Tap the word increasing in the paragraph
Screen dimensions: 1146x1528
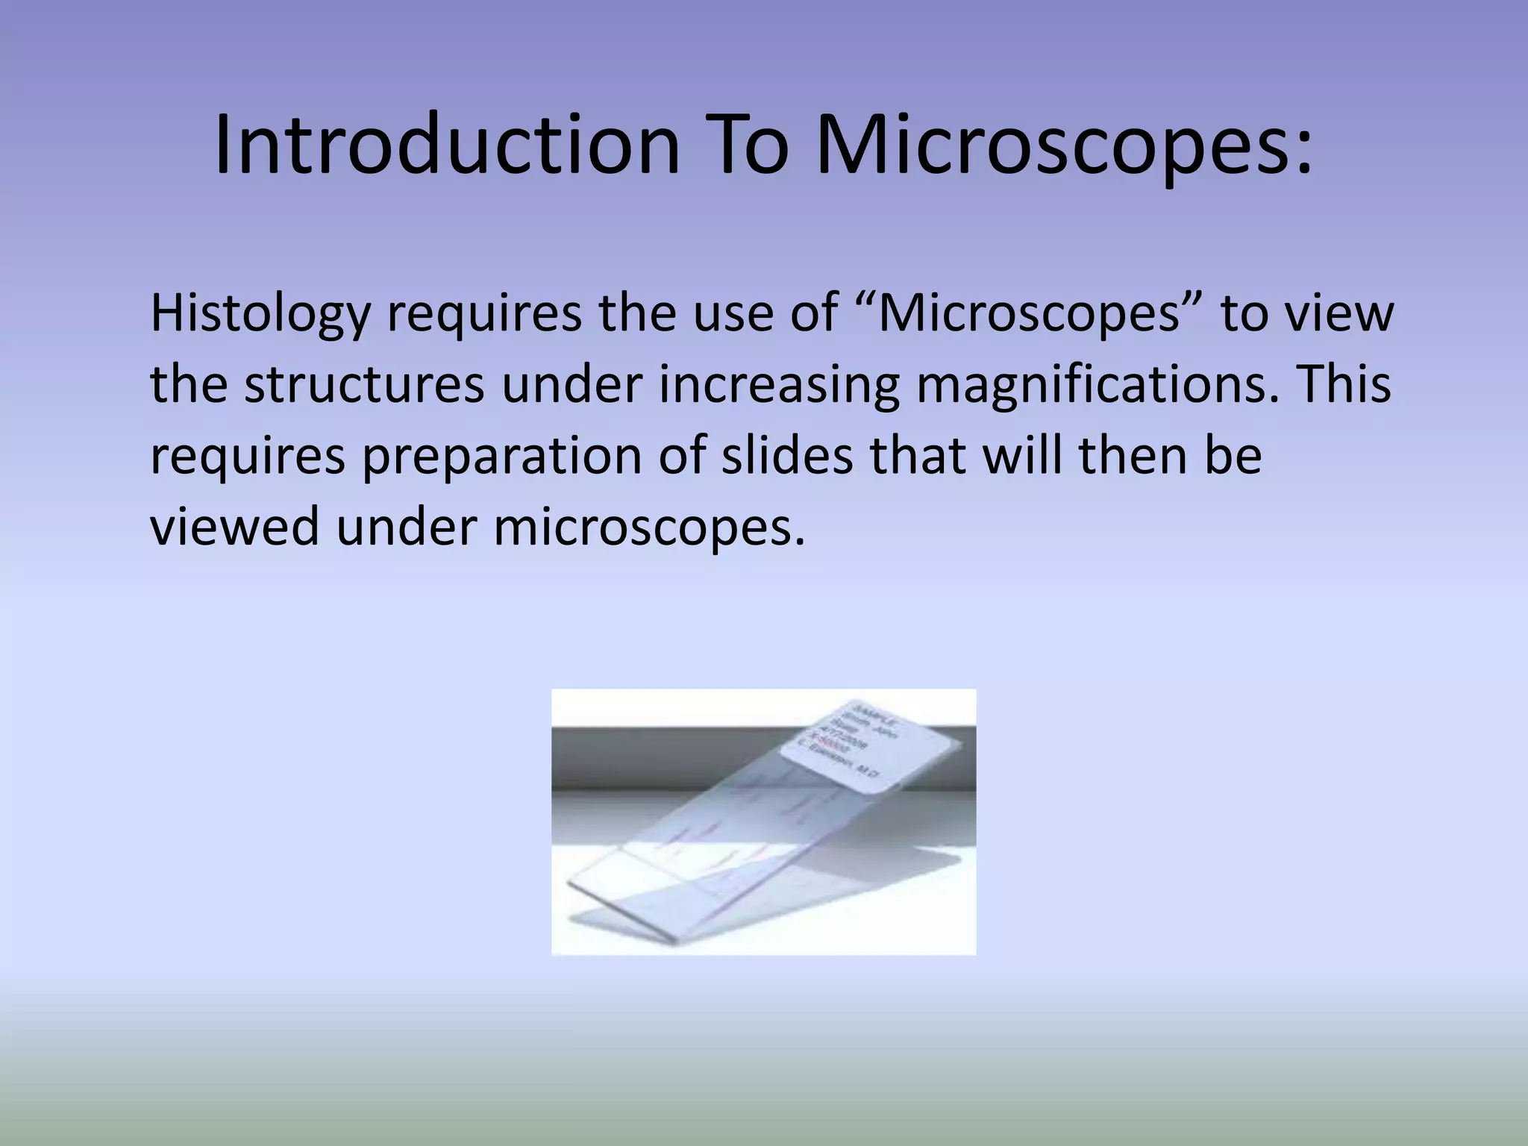point(779,385)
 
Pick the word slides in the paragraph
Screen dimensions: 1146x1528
point(786,456)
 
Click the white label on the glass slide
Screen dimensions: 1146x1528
point(866,739)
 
